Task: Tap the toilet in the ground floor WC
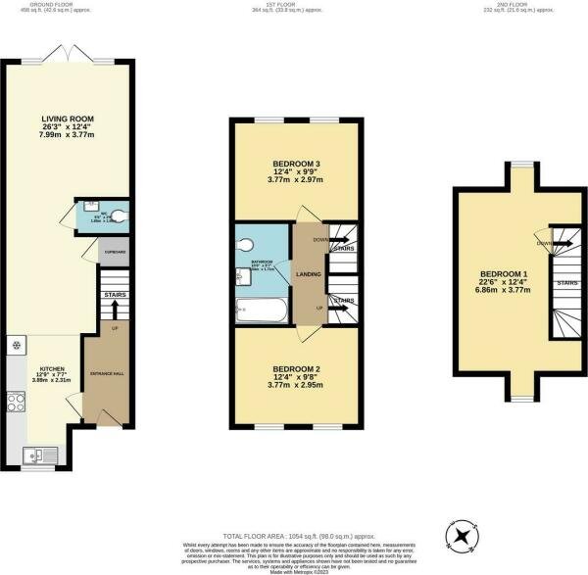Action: coord(119,216)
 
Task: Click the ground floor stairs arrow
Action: coord(116,310)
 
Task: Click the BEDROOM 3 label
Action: coord(294,164)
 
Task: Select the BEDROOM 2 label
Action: coord(294,368)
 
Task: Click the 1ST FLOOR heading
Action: coord(294,4)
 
